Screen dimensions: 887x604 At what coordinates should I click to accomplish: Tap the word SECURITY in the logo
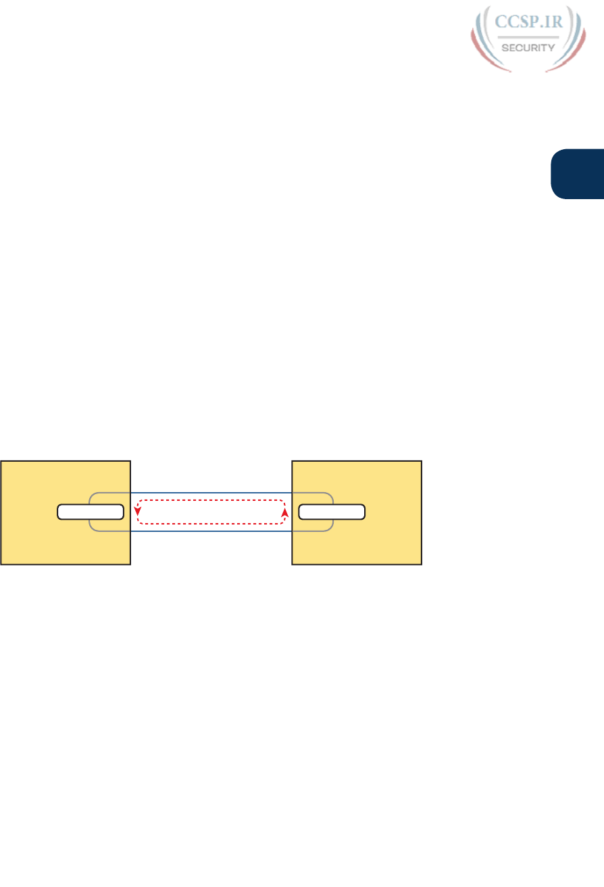[528, 48]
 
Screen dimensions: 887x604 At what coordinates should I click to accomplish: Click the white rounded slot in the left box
[91, 512]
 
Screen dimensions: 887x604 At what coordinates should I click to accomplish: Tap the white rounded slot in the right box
[332, 512]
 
